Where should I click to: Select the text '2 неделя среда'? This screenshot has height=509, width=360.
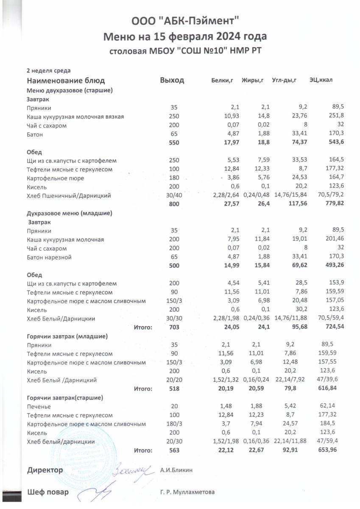coord(48,70)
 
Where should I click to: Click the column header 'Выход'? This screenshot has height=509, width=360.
coord(172,81)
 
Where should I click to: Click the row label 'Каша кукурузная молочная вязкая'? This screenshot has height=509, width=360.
coord(75,117)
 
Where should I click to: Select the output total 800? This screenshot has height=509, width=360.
coord(175,204)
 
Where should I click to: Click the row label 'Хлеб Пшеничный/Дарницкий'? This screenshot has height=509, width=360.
coord(69,196)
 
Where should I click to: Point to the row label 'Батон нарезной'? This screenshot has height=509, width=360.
coord(49,257)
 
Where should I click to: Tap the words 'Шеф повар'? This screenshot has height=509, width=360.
coord(47,492)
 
